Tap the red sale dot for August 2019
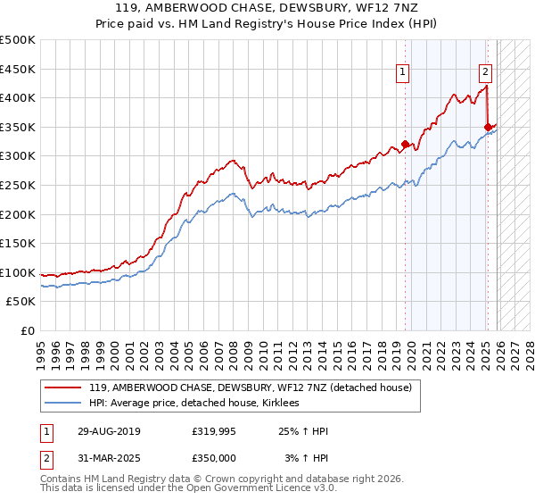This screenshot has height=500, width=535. [x=406, y=144]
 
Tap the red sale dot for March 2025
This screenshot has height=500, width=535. [x=488, y=127]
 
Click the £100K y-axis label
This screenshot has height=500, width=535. [x=18, y=272]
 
